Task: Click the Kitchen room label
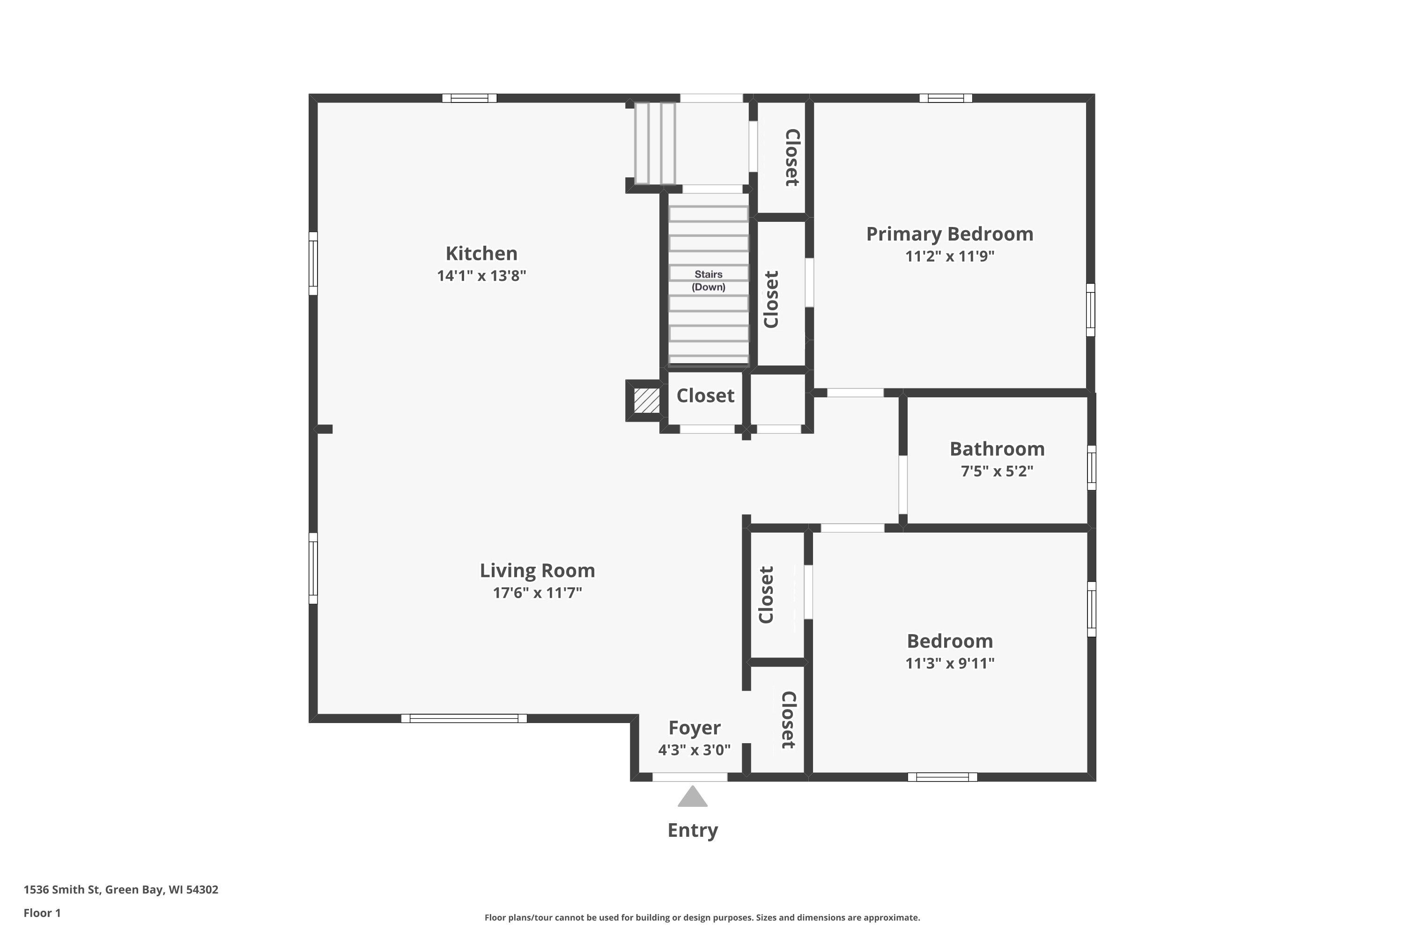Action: (481, 253)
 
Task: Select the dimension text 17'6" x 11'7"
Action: (537, 593)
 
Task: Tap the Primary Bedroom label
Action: (949, 234)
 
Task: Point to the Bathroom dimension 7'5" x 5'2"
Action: (997, 471)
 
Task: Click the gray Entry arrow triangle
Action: (692, 798)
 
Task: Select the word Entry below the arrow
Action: (692, 830)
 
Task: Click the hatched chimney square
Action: (646, 400)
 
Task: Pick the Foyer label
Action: (694, 728)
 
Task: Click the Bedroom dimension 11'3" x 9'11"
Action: (949, 663)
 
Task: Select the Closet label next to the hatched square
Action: (705, 396)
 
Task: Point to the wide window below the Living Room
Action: (464, 718)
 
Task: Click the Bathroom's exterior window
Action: (1091, 468)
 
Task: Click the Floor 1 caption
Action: (42, 913)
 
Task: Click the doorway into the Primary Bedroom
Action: (855, 393)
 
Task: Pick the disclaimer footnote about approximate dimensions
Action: (702, 917)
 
